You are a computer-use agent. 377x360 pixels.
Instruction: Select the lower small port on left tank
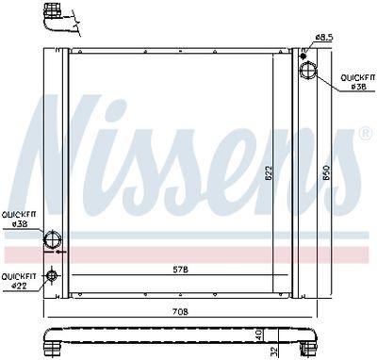pyautogui.click(x=52, y=275)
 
